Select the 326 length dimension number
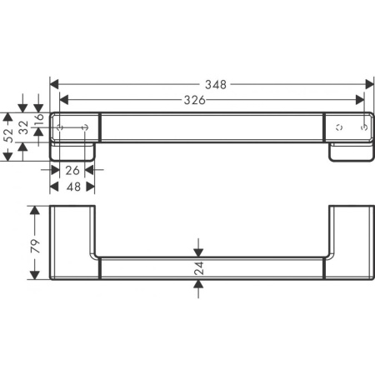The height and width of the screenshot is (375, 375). [x=193, y=99]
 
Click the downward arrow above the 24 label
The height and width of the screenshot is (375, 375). [x=198, y=251]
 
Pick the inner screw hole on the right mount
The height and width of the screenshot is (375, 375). [x=337, y=127]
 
